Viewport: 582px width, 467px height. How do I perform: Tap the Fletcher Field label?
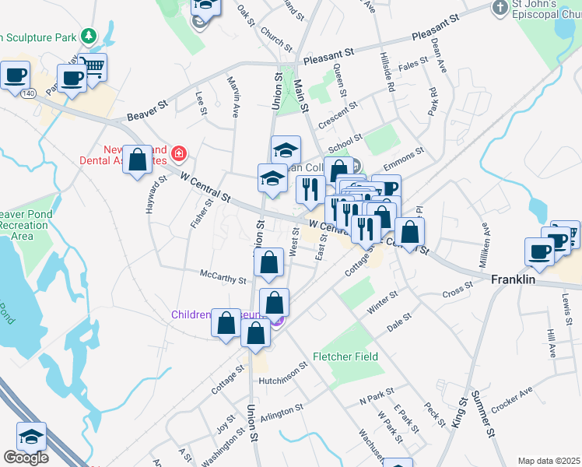tap(345, 356)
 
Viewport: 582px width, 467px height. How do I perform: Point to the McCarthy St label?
tap(223, 278)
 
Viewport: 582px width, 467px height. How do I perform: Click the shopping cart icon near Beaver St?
tap(93, 68)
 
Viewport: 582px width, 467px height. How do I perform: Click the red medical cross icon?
tap(179, 153)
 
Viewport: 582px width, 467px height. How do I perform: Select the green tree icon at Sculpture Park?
tap(89, 35)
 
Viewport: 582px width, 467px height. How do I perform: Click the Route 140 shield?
tap(29, 93)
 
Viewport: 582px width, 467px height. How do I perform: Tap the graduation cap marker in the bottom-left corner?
tap(31, 437)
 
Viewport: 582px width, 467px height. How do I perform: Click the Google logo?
tap(26, 458)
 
